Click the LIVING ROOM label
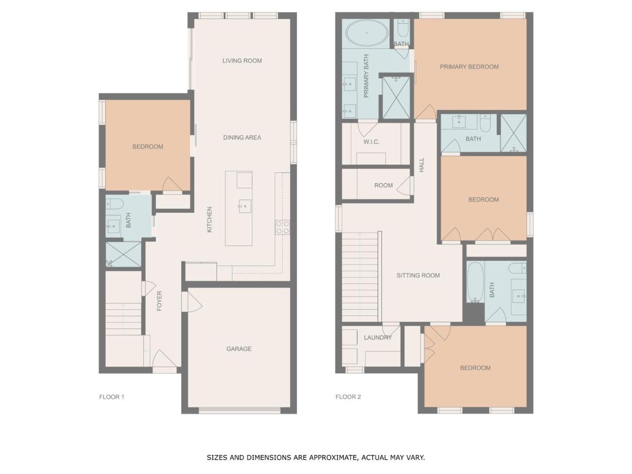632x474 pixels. pyautogui.click(x=242, y=61)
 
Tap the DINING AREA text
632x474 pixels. pyautogui.click(x=242, y=137)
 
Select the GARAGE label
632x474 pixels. pyautogui.click(x=239, y=349)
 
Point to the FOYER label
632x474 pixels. pyautogui.click(x=159, y=301)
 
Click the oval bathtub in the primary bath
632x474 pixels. pyautogui.click(x=367, y=33)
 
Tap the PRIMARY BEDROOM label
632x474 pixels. pyautogui.click(x=469, y=67)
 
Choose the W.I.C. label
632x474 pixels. pyautogui.click(x=371, y=142)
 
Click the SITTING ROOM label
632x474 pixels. pyautogui.click(x=418, y=275)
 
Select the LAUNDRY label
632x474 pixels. pyautogui.click(x=378, y=337)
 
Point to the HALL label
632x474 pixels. pyautogui.click(x=421, y=165)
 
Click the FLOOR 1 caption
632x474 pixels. pyautogui.click(x=112, y=397)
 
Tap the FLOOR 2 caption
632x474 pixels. pyautogui.click(x=348, y=397)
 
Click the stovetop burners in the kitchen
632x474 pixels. pyautogui.click(x=282, y=227)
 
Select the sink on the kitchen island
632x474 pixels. pyautogui.click(x=245, y=206)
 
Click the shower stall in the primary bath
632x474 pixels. pyautogui.click(x=396, y=97)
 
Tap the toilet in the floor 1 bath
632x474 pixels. pyautogui.click(x=115, y=204)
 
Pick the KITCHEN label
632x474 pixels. pyautogui.click(x=209, y=219)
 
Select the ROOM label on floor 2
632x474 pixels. pyautogui.click(x=383, y=185)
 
